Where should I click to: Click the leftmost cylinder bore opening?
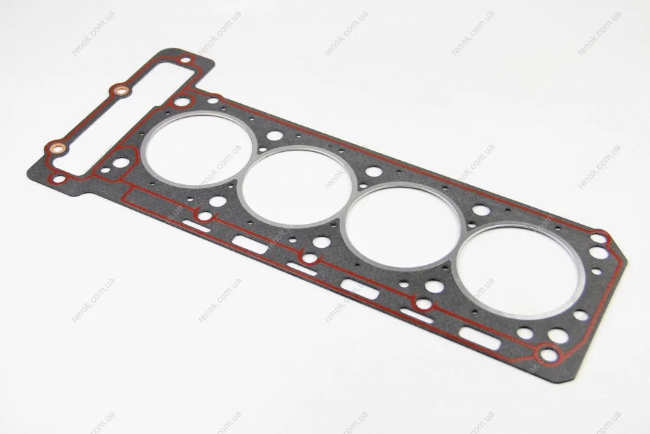click(199, 149)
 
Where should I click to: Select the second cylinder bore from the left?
click(297, 186)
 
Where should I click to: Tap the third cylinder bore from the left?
click(402, 226)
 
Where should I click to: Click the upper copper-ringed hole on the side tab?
click(120, 90)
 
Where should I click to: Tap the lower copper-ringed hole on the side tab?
click(57, 147)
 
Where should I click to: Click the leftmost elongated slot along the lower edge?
click(196, 226)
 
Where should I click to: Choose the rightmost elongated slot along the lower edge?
click(480, 338)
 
